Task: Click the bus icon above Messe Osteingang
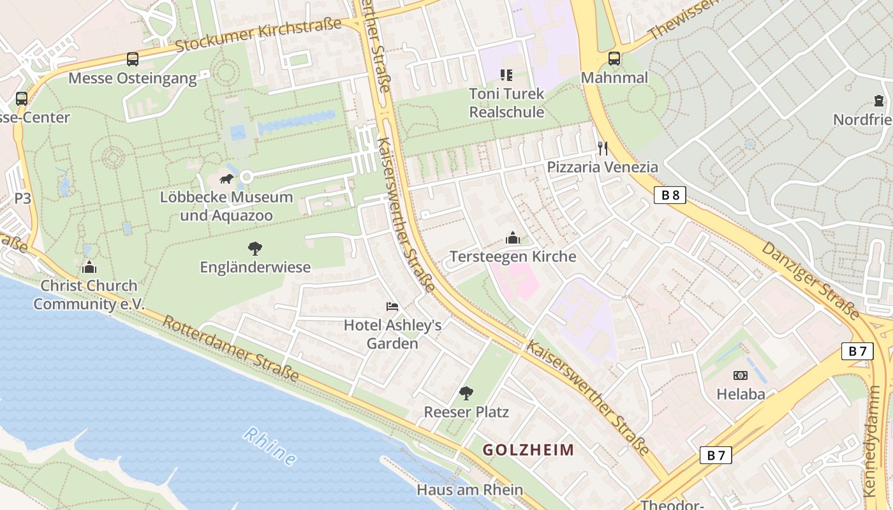pos(133,59)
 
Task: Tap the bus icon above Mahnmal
pos(614,59)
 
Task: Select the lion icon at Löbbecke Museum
pos(226,178)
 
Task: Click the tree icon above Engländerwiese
pos(255,249)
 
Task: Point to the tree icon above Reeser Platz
pos(466,393)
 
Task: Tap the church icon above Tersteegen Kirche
pos(513,238)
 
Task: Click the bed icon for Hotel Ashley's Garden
pos(392,307)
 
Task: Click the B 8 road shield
pos(670,195)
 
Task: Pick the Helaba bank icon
pos(741,375)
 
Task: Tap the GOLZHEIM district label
pos(528,450)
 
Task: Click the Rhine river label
pos(270,446)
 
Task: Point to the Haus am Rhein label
pos(469,490)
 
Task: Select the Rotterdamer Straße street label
pos(230,348)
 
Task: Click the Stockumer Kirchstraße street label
pos(258,36)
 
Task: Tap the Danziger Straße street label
pos(810,280)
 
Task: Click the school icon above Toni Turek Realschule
pos(506,75)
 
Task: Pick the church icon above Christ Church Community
pos(89,267)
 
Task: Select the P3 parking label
pos(22,198)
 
